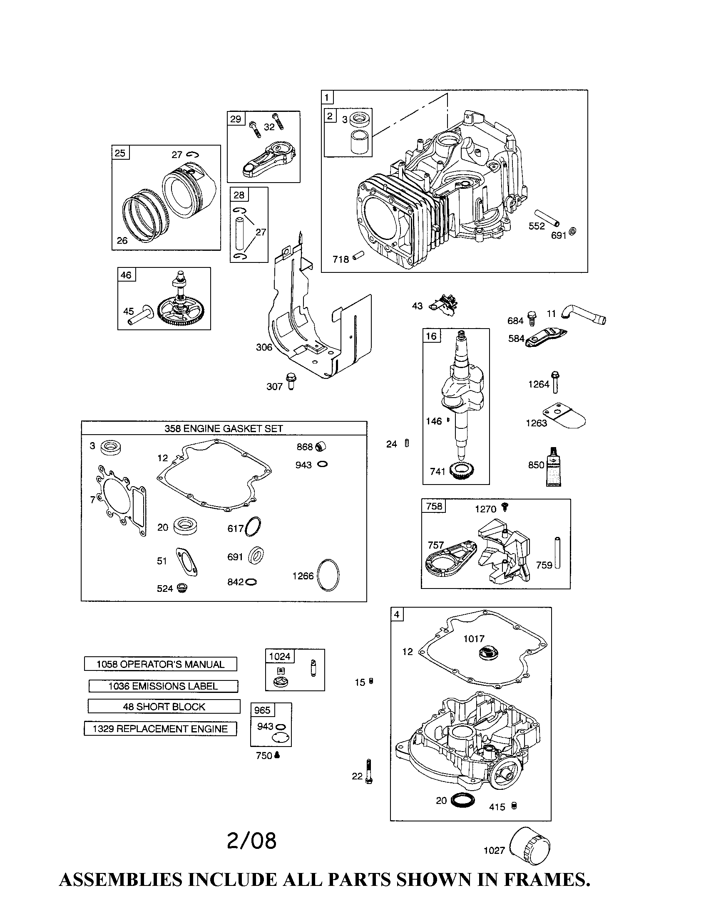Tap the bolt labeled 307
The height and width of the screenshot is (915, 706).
click(291, 381)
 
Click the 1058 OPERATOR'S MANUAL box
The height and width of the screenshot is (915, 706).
click(161, 664)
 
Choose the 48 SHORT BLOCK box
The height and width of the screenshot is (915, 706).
click(164, 707)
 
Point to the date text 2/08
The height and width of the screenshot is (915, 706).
click(251, 841)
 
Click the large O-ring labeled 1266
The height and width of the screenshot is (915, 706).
click(328, 575)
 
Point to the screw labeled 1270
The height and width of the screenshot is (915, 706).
click(505, 507)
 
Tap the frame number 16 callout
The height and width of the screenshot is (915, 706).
click(431, 336)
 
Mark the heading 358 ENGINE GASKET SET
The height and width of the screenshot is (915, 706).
click(224, 428)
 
